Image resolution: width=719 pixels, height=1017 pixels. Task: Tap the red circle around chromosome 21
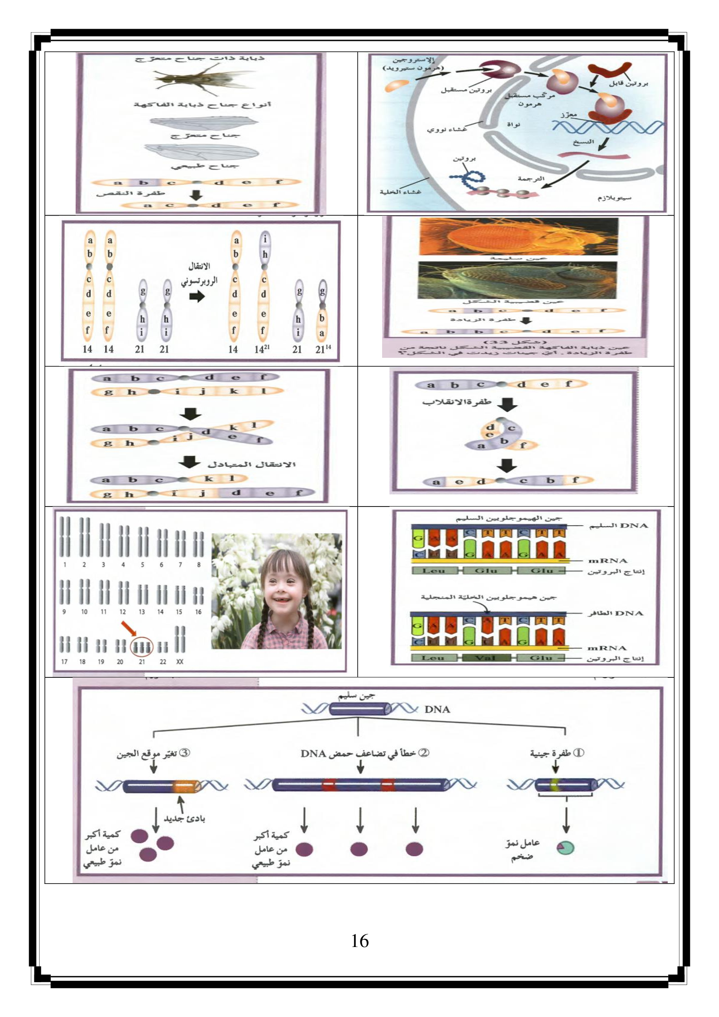pos(142,647)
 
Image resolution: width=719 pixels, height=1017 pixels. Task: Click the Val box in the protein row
pos(486,658)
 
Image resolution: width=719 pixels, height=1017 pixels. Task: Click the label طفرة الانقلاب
pos(456,402)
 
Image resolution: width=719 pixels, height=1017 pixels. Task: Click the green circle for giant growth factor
pos(566,848)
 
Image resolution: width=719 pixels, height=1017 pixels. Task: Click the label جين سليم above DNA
pos(357,696)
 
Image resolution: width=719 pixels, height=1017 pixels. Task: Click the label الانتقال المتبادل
pos(251,465)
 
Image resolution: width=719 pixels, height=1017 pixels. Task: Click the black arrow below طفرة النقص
pos(196,194)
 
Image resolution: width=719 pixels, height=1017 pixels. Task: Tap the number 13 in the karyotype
pos(142,612)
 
